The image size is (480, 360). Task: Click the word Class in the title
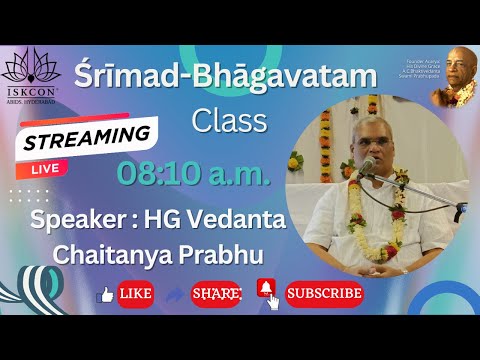tap(230, 121)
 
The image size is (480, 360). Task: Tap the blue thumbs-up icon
tap(103, 295)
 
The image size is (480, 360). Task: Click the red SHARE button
tap(216, 294)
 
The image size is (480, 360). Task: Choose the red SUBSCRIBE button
tap(323, 294)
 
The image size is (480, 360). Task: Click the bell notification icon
tap(266, 290)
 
